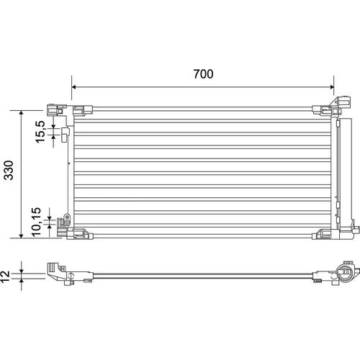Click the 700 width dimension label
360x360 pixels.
(203, 74)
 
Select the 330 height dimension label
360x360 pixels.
(9, 170)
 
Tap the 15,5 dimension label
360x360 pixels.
(40, 132)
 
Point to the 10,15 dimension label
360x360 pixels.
(36, 222)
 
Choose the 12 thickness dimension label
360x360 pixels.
(5, 276)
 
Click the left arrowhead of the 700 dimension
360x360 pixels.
(73, 86)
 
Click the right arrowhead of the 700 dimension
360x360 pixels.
(332, 86)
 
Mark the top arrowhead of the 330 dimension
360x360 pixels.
(22, 112)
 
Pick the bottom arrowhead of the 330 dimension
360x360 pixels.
(22, 236)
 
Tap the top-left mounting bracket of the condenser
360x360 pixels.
(57, 109)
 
